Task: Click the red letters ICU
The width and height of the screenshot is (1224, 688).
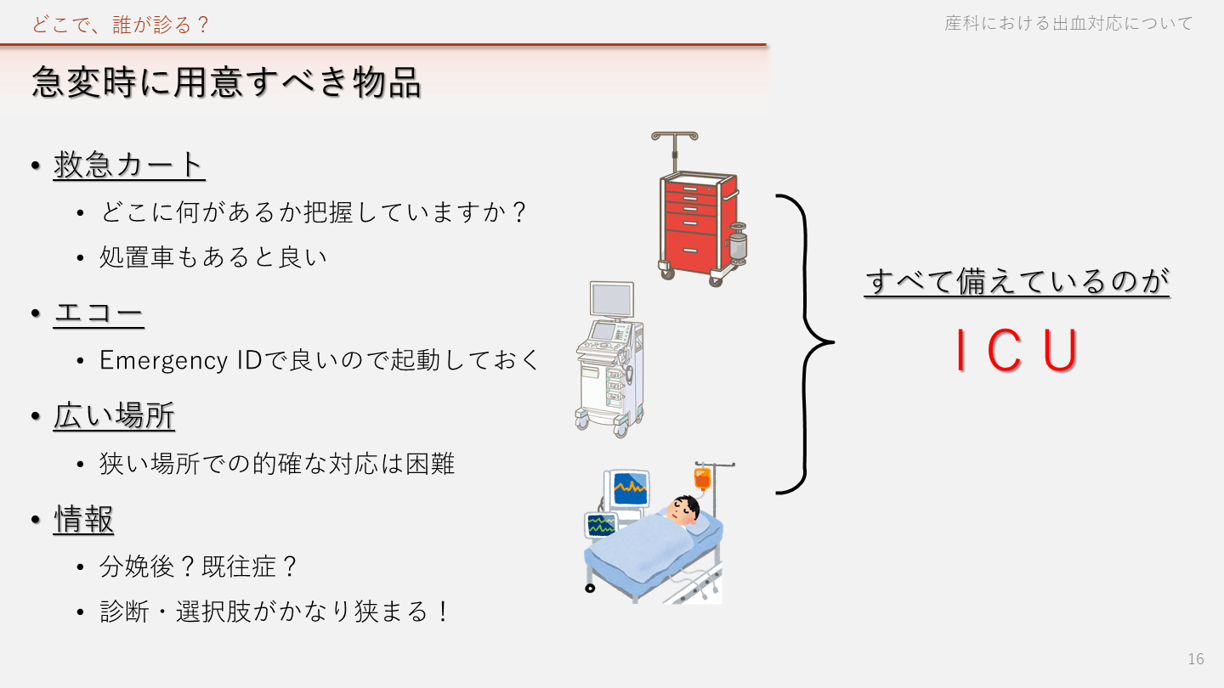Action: (x=1017, y=351)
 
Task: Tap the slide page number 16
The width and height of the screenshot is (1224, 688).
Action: (x=1196, y=659)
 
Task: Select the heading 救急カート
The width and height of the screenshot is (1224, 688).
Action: (x=129, y=165)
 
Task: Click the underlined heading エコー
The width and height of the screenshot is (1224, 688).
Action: (x=99, y=314)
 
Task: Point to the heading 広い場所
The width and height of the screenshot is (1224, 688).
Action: (x=114, y=417)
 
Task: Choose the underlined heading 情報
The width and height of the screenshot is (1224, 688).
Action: (x=83, y=520)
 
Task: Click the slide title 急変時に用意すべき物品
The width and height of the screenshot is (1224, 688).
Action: (x=226, y=83)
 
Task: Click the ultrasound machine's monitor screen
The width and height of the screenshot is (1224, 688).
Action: (x=612, y=300)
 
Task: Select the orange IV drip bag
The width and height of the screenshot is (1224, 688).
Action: (x=701, y=478)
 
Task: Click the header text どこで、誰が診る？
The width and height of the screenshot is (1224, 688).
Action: (x=122, y=25)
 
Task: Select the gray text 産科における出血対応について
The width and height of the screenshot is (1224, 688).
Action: (x=1068, y=24)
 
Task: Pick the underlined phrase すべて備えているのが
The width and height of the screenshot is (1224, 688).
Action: (x=1017, y=281)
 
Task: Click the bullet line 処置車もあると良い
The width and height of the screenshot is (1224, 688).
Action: (x=213, y=257)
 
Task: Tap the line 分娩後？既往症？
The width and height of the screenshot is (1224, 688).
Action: (x=199, y=567)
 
